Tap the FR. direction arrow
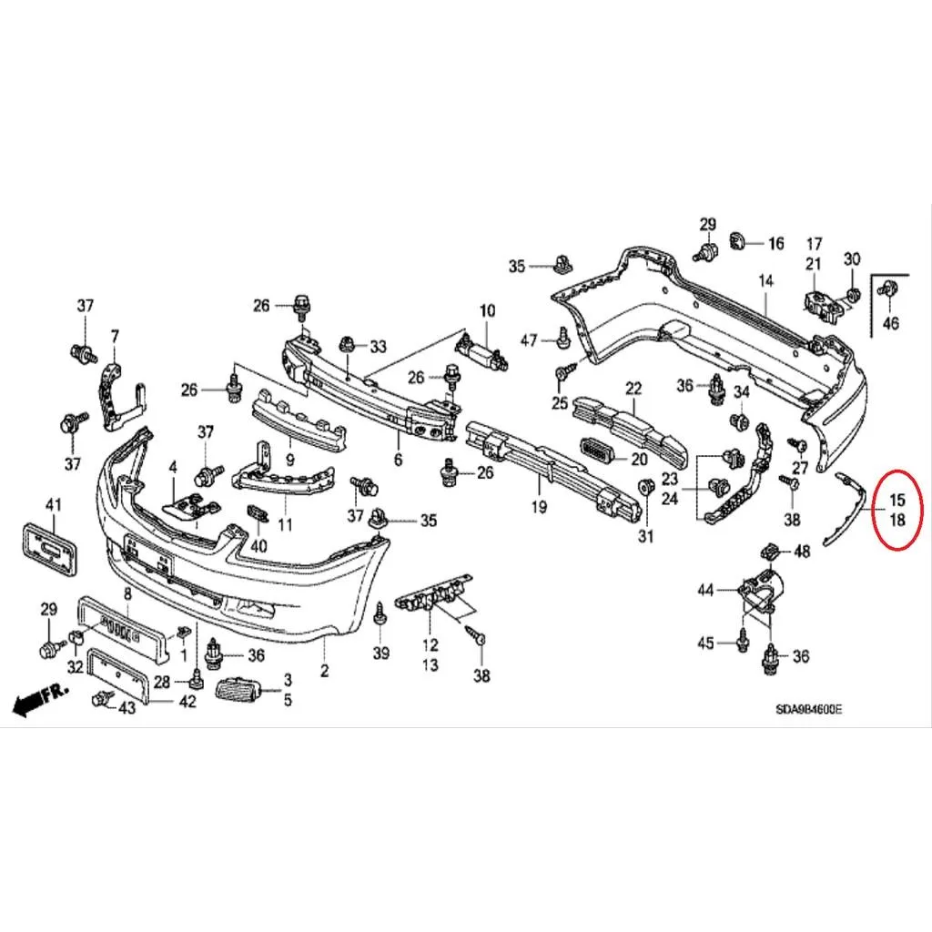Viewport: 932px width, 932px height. [x=40, y=700]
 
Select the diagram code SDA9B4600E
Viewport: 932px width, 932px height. [x=808, y=709]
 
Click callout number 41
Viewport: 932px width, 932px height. [x=54, y=505]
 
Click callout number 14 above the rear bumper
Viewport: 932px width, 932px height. [x=766, y=282]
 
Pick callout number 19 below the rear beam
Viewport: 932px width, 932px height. [x=539, y=507]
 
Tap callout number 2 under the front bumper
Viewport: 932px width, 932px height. [x=325, y=671]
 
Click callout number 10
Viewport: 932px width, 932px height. [x=487, y=310]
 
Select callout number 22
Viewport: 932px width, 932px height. [x=633, y=388]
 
